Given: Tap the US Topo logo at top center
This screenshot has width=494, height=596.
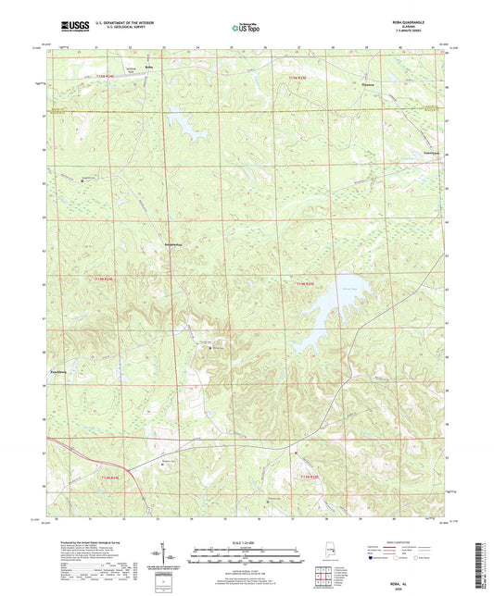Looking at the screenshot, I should click(x=246, y=29).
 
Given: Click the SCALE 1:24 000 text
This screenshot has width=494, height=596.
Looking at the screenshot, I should click(x=247, y=541).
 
